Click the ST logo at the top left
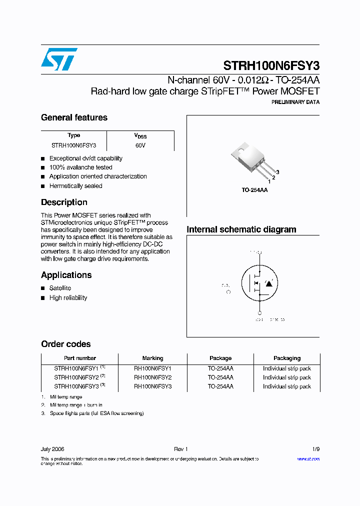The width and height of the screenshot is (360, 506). pyautogui.click(x=59, y=59)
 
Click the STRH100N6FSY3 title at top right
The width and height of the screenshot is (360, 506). pyautogui.click(x=271, y=66)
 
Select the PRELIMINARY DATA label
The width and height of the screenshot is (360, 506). pyautogui.click(x=295, y=102)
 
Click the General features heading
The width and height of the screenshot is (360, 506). pyautogui.click(x=74, y=117)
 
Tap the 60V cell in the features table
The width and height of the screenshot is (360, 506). pyautogui.click(x=140, y=145)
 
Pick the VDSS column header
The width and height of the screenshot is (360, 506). pyautogui.click(x=140, y=136)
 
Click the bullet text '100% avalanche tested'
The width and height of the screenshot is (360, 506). pyautogui.click(x=80, y=167)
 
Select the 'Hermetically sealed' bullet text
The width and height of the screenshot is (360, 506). pyautogui.click(x=75, y=186)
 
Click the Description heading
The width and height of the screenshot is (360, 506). pyautogui.click(x=64, y=202)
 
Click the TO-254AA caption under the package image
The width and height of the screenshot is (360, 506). pyautogui.click(x=254, y=190)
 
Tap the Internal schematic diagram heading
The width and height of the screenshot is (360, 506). pyautogui.click(x=241, y=229)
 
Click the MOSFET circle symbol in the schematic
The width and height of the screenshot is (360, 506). pyautogui.click(x=259, y=283)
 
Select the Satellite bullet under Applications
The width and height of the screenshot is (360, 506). pyautogui.click(x=60, y=288)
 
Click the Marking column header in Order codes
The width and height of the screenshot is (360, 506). pyautogui.click(x=152, y=358)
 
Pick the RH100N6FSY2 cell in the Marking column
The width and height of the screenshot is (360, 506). pyautogui.click(x=152, y=377)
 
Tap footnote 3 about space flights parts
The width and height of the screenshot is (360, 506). pyautogui.click(x=96, y=413)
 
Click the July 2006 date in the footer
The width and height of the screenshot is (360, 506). pyautogui.click(x=52, y=449)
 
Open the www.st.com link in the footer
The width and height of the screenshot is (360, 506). pyautogui.click(x=308, y=459)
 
